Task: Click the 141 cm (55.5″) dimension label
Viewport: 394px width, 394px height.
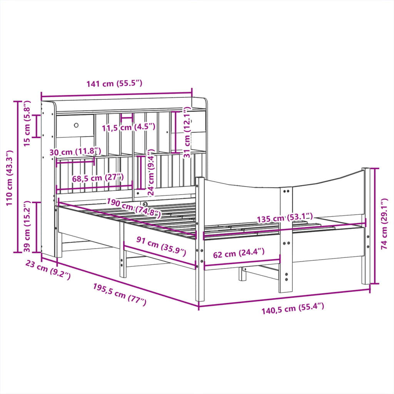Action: (115, 84)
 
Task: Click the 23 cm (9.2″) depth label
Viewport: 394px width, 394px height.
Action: (48, 270)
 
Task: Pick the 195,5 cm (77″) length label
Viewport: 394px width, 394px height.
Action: (120, 294)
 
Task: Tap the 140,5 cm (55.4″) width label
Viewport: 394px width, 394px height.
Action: (293, 308)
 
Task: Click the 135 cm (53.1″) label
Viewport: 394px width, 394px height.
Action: (285, 218)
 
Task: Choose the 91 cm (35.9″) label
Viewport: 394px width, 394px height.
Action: (161, 246)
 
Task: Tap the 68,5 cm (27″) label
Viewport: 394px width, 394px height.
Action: (98, 178)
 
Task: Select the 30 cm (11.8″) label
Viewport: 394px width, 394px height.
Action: (75, 152)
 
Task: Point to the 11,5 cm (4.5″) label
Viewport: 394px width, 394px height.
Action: (129, 127)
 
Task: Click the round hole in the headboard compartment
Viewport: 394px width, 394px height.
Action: (76, 125)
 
